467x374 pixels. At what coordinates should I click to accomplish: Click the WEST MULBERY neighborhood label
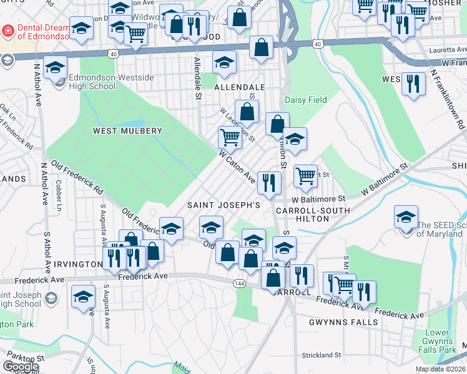click(127, 131)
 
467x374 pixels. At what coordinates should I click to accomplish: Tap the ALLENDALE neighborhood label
click(240, 88)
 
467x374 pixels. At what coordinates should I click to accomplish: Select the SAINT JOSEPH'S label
click(224, 205)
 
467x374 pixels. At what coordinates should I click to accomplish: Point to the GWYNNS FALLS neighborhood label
click(343, 322)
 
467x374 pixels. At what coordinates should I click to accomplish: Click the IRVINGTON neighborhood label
click(77, 264)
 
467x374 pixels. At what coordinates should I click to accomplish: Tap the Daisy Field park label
click(306, 100)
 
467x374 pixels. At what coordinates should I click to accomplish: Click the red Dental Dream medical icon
click(7, 30)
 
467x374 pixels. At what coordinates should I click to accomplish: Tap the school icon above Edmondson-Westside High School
click(56, 67)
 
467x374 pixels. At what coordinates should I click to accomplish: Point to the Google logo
click(20, 367)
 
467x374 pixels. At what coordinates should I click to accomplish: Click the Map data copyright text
click(441, 369)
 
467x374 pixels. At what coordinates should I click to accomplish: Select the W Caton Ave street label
click(237, 166)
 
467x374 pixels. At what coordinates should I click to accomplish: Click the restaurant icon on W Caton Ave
click(270, 182)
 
